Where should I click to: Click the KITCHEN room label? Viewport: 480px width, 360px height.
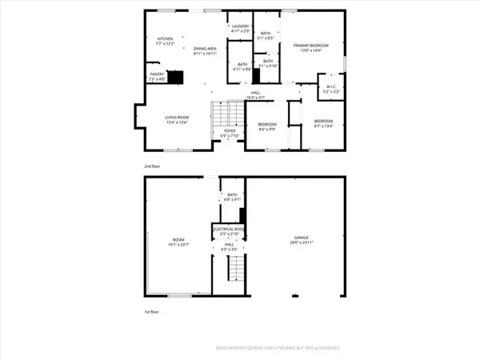pyautogui.click(x=165, y=38)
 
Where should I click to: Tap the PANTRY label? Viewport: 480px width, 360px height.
pyautogui.click(x=157, y=76)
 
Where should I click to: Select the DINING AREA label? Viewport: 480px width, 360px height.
pyautogui.click(x=206, y=49)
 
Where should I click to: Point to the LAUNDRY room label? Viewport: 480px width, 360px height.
pyautogui.click(x=240, y=27)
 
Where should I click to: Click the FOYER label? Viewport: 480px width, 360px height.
pyautogui.click(x=230, y=132)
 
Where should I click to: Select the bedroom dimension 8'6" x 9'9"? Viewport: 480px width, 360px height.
pyautogui.click(x=266, y=129)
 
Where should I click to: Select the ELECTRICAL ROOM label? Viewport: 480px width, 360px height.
pyautogui.click(x=229, y=229)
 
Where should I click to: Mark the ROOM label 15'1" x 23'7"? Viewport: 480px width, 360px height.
pyautogui.click(x=178, y=242)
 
